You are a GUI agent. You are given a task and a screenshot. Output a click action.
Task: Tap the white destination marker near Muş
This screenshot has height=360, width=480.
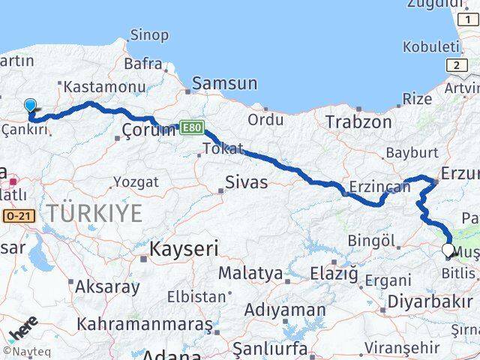click(448, 250)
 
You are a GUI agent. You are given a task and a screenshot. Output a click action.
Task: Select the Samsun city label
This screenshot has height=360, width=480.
click(224, 84)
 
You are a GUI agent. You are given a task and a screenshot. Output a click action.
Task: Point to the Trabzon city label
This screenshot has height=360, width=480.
click(358, 121)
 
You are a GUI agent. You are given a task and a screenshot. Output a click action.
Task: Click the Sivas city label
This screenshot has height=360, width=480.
click(247, 182)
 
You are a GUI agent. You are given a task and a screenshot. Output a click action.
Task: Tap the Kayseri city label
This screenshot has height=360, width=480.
click(184, 248)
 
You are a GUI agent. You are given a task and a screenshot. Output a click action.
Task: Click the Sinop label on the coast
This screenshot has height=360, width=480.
click(149, 34)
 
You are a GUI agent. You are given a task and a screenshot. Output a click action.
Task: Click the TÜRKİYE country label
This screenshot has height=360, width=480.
click(94, 213)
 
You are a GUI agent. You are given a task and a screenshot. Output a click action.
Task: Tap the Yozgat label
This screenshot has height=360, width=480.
click(136, 181)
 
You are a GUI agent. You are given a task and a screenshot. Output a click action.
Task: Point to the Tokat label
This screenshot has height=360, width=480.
click(223, 148)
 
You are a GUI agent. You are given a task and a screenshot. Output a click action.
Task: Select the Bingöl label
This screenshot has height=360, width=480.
click(371, 241)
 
